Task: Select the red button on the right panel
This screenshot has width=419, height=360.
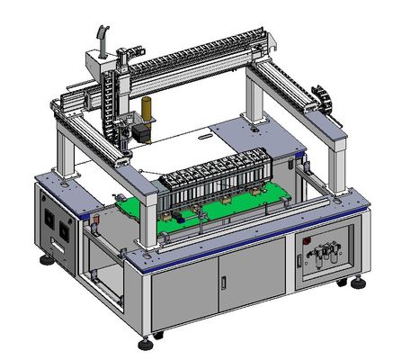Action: (x=306, y=242)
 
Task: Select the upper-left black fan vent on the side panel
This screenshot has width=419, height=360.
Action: (x=49, y=218)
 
